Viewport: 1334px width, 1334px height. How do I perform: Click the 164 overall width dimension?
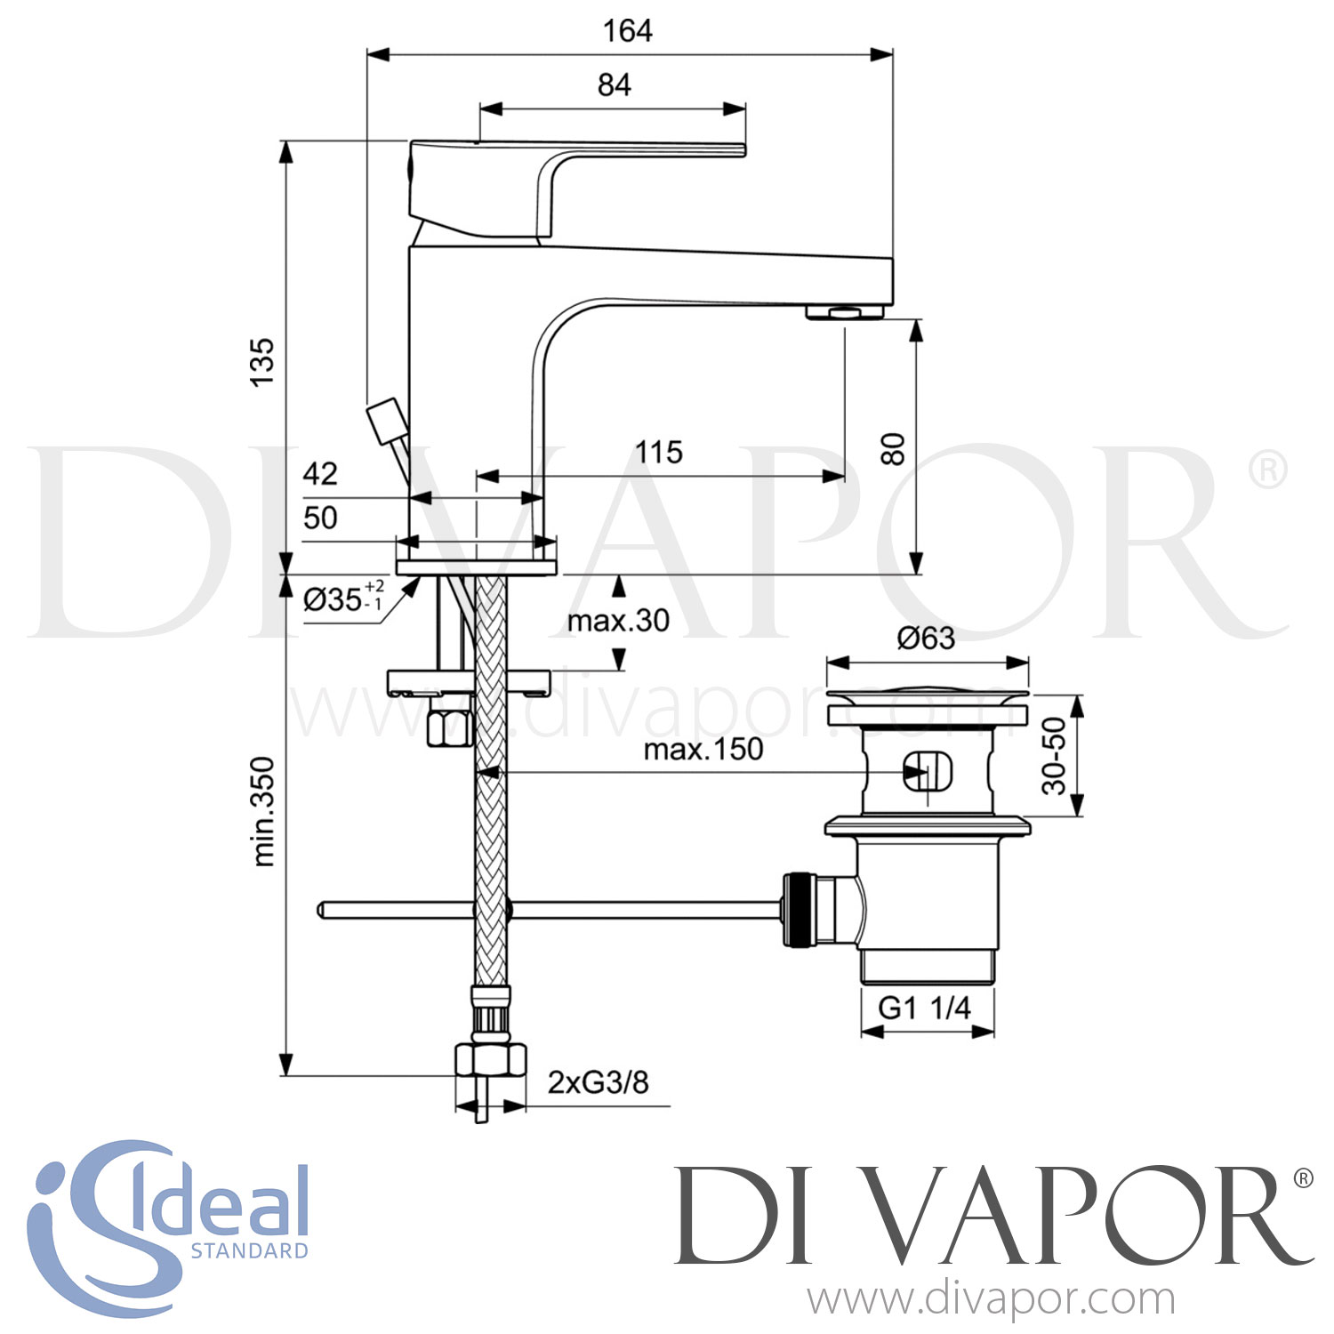point(627,31)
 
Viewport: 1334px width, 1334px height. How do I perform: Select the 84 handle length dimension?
point(614,85)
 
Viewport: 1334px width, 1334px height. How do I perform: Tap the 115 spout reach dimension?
point(658,452)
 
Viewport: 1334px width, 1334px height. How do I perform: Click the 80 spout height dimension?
point(892,449)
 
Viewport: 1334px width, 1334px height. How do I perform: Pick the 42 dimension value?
point(320,473)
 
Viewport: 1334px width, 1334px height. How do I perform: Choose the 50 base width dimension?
point(320,518)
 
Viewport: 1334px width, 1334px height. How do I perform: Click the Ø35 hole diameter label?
point(342,599)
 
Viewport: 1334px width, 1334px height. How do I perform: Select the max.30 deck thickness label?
point(618,620)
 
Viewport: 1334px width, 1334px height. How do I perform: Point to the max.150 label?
point(703,750)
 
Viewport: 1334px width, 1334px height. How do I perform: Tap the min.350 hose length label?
point(264,811)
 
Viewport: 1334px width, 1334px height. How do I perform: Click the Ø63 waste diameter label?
point(925,638)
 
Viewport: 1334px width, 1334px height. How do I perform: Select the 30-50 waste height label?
point(1054,756)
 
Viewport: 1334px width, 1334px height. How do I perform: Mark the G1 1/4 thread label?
point(925,1008)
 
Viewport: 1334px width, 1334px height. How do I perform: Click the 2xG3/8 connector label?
point(598,1082)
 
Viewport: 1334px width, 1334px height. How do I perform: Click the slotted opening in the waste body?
point(927,770)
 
